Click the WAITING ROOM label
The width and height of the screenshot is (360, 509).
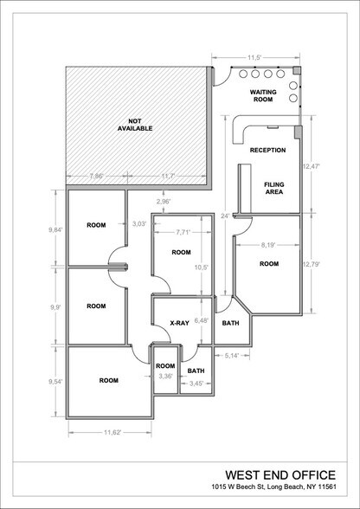tap(262, 95)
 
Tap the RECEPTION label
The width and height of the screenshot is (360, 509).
tap(267, 151)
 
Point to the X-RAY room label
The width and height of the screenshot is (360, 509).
tap(179, 324)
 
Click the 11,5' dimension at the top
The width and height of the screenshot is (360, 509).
tap(254, 58)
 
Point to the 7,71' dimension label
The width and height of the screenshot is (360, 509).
tap(182, 233)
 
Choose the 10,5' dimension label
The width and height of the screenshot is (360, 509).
tap(201, 267)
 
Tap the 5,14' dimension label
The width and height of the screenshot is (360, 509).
tap(230, 355)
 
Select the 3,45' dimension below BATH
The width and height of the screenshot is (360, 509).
tap(196, 382)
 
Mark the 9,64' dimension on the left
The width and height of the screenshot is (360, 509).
tap(55, 231)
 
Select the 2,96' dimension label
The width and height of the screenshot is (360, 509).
tap(163, 202)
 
